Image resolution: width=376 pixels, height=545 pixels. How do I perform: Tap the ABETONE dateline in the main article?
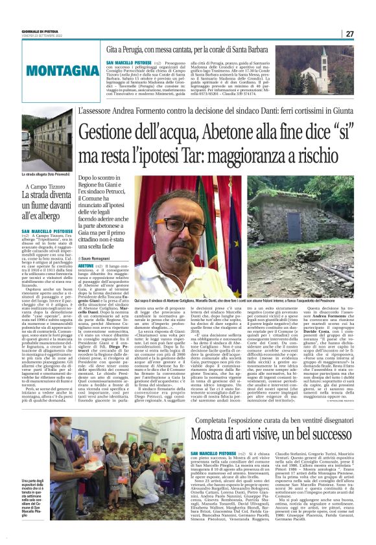tap(86, 265)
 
